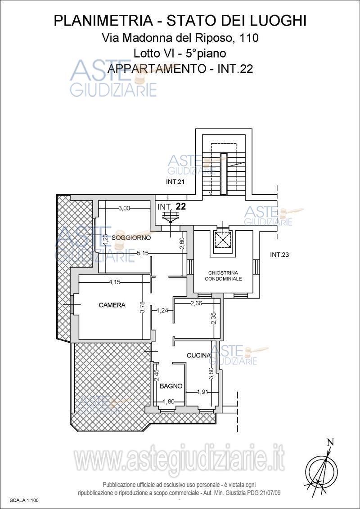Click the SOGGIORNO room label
131,238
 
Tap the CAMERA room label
112,305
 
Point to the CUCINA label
198,356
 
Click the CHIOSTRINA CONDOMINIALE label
224,276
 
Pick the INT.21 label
175,182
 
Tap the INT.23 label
279,255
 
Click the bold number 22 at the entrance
180,207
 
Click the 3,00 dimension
124,208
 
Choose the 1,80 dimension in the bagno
168,402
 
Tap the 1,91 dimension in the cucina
202,392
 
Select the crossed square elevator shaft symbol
223,240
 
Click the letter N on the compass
330,442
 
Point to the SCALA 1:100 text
24,501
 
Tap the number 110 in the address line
249,38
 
